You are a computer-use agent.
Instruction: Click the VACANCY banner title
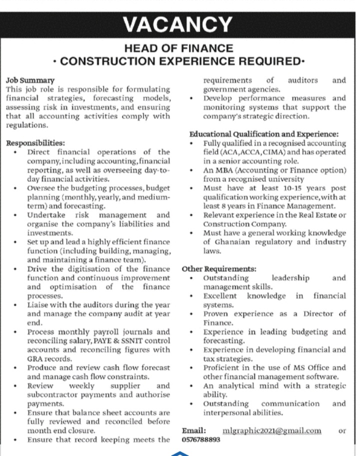[179, 24]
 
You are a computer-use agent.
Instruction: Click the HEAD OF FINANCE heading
[179, 48]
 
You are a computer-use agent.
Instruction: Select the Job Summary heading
[30, 80]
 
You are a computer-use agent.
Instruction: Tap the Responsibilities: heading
[35, 143]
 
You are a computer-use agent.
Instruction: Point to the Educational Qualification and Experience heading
[264, 134]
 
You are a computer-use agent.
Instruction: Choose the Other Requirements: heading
[219, 268]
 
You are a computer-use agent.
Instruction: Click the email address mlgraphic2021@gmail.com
[271, 430]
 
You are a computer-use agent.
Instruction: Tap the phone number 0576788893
[201, 439]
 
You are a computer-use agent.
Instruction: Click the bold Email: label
[194, 430]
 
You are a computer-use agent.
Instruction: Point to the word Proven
[216, 313]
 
